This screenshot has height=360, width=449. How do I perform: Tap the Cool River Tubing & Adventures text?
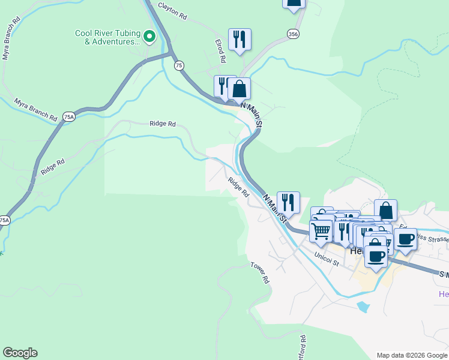(x=107, y=37)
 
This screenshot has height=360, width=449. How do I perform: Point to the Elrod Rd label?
(x=220, y=51)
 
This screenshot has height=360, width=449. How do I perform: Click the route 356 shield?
(x=292, y=35)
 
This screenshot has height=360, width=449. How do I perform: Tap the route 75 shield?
(x=179, y=65)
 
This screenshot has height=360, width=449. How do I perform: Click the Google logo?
(x=20, y=353)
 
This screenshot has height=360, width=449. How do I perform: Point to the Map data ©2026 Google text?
(x=411, y=355)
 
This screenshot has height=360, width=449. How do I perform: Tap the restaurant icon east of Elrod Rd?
(x=240, y=39)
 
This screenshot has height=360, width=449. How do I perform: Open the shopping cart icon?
(x=321, y=230)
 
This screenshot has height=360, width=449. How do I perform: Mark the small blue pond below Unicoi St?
(x=363, y=307)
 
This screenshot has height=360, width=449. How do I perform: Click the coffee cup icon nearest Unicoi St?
(x=376, y=256)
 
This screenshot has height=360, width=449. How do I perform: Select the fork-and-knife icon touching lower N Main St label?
(x=288, y=202)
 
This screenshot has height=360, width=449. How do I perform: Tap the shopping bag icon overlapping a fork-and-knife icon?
(x=239, y=89)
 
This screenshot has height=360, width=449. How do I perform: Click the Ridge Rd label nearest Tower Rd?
(x=238, y=187)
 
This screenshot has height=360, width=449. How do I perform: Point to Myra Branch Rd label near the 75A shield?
(x=35, y=109)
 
